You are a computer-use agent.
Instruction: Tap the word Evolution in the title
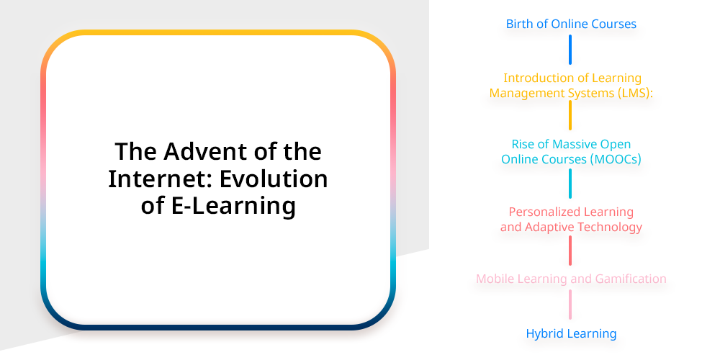pos(273,179)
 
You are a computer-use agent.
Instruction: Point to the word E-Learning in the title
pos(233,206)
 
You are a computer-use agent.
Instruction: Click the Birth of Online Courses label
pos(571,24)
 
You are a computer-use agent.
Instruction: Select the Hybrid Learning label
pos(571,333)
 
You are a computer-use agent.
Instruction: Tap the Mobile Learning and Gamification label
pos(571,279)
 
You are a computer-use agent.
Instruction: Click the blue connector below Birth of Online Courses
pos(570,50)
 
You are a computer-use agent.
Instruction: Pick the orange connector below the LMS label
pos(570,115)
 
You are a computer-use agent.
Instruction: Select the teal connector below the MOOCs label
pos(570,184)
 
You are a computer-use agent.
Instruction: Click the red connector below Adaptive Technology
pos(570,251)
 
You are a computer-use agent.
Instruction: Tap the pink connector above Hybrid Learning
pos(570,305)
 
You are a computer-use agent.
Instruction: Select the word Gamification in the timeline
pos(631,279)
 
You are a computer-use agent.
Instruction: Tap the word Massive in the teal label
pos(572,144)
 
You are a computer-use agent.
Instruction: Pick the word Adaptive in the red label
pos(545,227)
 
